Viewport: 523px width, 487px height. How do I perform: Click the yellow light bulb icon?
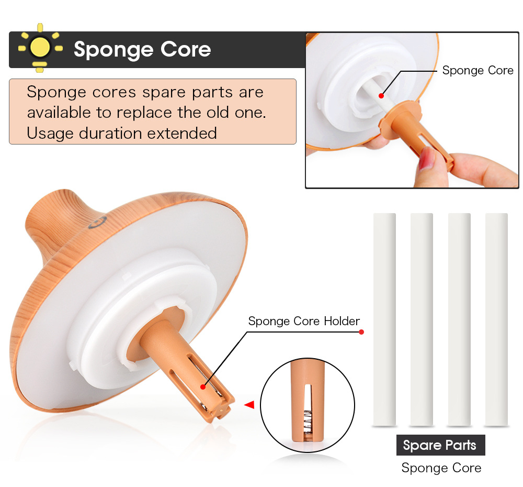(40, 48)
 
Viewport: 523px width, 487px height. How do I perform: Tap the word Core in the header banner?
(185, 49)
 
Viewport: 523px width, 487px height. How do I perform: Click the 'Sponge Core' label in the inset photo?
(477, 70)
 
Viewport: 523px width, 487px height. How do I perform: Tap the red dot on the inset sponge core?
(381, 96)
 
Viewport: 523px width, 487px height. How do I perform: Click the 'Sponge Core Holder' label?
(304, 321)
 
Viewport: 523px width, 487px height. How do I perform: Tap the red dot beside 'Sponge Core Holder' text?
(361, 332)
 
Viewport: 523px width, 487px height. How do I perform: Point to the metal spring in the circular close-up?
(308, 417)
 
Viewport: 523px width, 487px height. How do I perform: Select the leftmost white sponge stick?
(384, 319)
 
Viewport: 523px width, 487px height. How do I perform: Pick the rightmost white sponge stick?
(496, 319)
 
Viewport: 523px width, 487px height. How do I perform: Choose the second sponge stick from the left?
(422, 319)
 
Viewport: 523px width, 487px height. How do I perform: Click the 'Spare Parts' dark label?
(440, 446)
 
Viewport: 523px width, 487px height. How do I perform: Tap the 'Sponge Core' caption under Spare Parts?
(441, 468)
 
